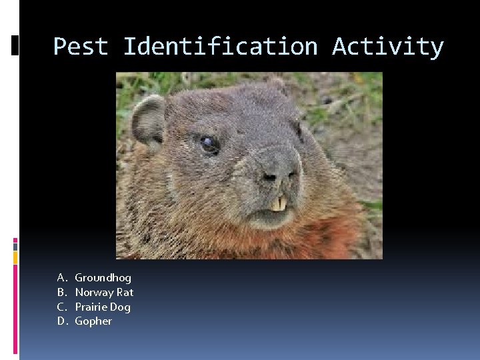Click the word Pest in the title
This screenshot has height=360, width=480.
point(81,47)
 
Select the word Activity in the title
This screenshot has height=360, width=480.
point(387,47)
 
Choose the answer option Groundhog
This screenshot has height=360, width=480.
point(103,277)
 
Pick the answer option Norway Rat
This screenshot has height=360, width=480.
point(104,292)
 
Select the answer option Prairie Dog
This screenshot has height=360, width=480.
point(103,307)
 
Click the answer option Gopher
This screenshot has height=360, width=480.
point(93,321)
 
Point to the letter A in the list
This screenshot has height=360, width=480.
point(61,277)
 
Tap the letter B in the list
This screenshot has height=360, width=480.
point(61,292)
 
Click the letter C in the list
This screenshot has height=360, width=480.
point(61,307)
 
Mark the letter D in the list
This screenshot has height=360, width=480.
point(61,321)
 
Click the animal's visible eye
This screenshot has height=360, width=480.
point(209,143)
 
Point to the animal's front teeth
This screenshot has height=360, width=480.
point(279,203)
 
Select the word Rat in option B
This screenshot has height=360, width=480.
point(125,292)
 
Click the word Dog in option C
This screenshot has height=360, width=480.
point(120,307)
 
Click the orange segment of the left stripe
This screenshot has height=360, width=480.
point(15,257)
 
